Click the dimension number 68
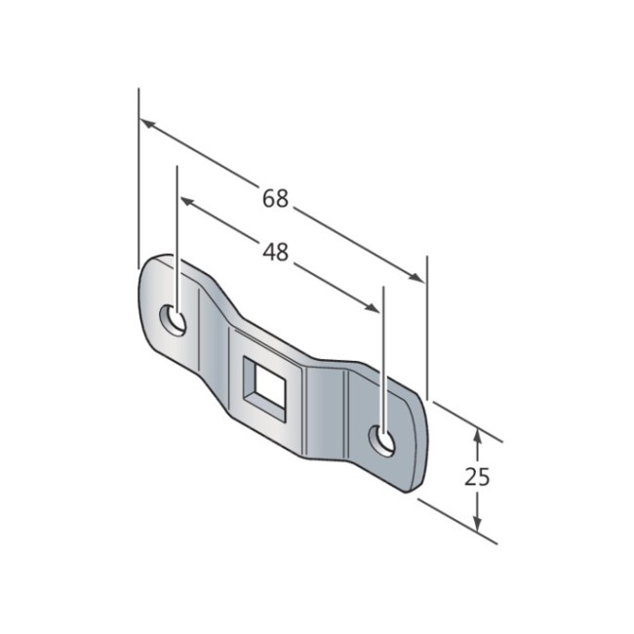tap(275, 199)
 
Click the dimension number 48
tap(275, 252)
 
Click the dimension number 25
tap(477, 476)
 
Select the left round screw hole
tap(173, 320)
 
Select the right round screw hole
tap(381, 441)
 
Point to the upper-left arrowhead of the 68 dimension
tap(147, 124)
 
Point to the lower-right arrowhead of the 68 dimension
tap(416, 277)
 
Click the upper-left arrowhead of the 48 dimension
tap(187, 201)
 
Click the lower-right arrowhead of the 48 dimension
tap(372, 307)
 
